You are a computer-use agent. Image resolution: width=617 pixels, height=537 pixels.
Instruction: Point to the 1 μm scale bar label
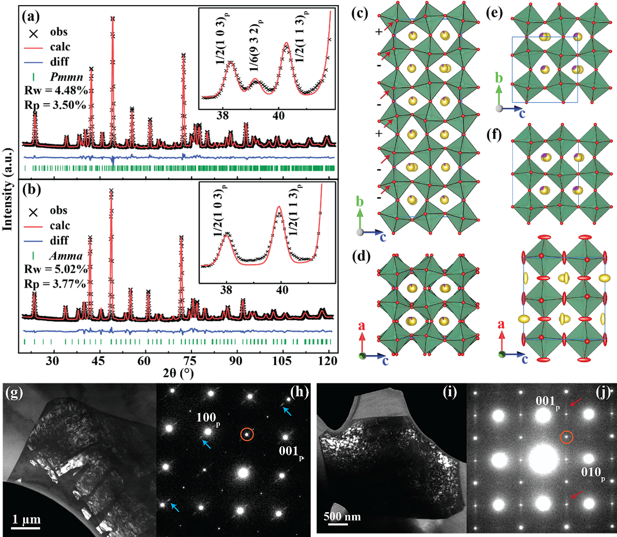26,519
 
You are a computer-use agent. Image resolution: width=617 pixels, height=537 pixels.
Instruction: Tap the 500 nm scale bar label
342,516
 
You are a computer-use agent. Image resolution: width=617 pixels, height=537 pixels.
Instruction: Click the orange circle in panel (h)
247,434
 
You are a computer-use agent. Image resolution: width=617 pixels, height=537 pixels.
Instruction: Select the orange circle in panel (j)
567,437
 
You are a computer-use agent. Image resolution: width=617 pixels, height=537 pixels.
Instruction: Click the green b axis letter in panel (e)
498,78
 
